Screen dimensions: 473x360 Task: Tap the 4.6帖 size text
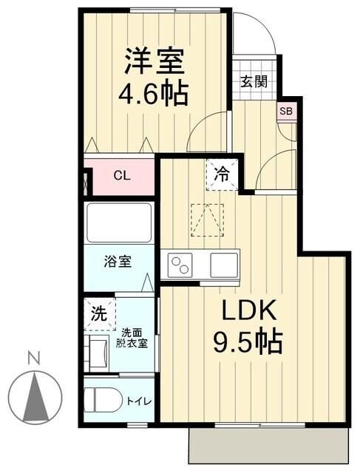[x=153, y=94]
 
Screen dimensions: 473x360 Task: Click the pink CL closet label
[x=122, y=176]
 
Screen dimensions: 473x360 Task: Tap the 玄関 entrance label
[x=253, y=82]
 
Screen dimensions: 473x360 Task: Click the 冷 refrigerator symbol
[x=222, y=174]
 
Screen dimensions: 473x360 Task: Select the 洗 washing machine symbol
[x=98, y=312]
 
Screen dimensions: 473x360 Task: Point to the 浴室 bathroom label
[x=118, y=261]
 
